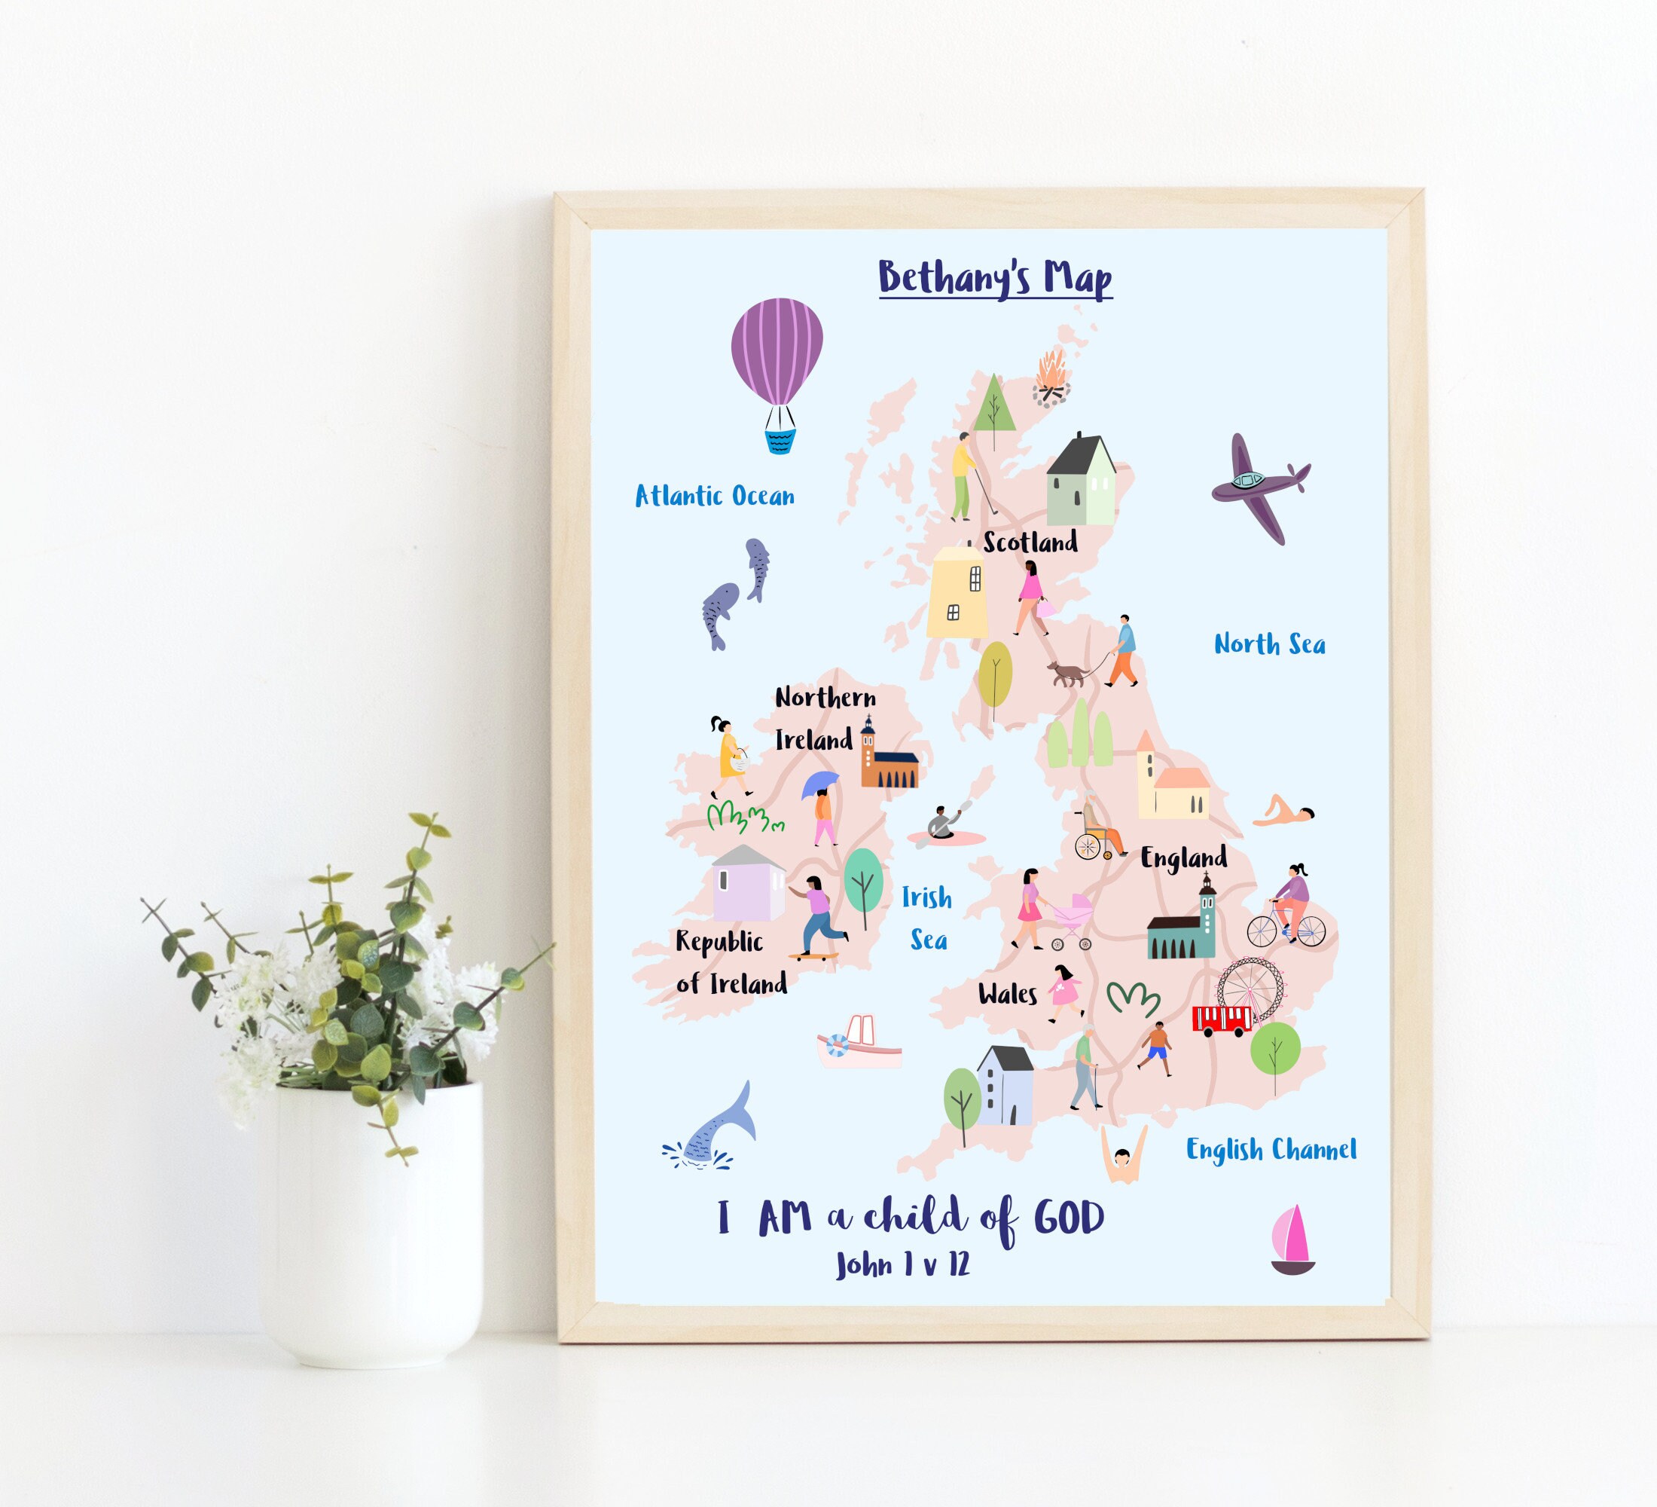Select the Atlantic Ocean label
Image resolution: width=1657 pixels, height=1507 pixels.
coord(714,496)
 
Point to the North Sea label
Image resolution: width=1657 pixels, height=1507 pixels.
coord(1269,643)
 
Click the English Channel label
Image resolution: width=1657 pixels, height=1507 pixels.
coord(1271,1149)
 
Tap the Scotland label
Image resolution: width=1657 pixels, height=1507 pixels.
coord(1030,542)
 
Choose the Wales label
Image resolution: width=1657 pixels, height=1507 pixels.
coord(1007,994)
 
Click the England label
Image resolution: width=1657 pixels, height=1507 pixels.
coord(1182,858)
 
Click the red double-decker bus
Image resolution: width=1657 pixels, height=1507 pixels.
coord(1222,1019)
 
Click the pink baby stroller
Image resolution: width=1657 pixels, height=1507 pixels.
coord(1072,921)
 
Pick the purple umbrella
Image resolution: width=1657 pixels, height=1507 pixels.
coord(819,783)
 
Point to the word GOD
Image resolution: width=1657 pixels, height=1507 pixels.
coord(1068,1218)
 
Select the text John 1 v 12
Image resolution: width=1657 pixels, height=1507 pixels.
coord(902,1264)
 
